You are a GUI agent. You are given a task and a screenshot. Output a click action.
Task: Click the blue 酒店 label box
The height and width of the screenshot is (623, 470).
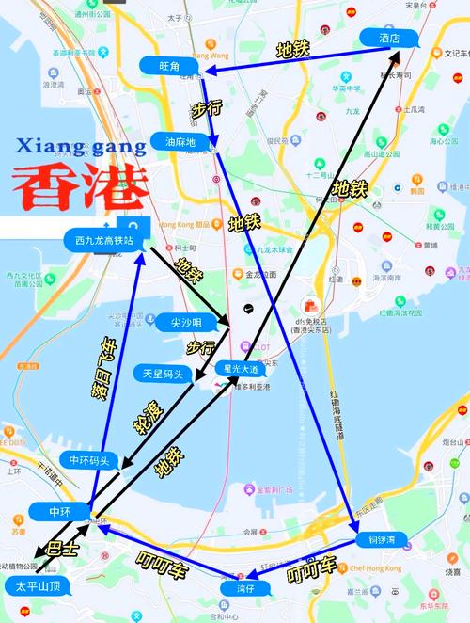point(388,38)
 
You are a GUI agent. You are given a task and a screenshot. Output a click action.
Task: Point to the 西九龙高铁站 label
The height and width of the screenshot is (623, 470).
point(106,240)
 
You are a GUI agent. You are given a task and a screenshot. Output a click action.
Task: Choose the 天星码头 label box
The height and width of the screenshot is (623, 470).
point(163,374)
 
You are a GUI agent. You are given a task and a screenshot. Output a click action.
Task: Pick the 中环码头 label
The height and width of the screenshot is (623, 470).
point(89,460)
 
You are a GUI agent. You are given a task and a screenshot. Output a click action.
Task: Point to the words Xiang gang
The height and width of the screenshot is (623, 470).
point(81,146)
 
